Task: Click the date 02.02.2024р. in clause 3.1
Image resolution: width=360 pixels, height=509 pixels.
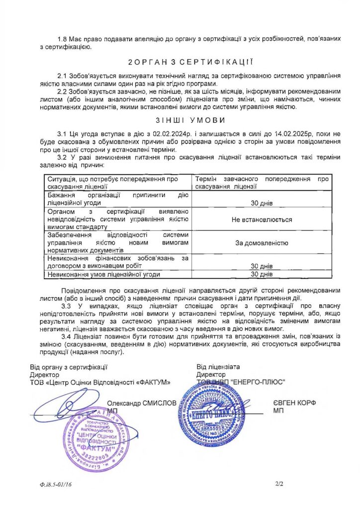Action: tap(173, 134)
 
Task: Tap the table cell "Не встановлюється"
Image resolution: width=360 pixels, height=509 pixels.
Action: tap(262, 219)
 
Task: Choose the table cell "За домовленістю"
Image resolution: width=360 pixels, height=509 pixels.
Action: tap(262, 243)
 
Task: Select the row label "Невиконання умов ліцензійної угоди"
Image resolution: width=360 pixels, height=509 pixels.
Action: tap(105, 274)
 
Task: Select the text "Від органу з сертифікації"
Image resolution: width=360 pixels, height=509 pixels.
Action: tap(69, 367)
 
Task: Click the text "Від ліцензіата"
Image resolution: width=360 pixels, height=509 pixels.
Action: tap(218, 367)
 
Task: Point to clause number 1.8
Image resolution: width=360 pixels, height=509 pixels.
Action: tap(63, 38)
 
